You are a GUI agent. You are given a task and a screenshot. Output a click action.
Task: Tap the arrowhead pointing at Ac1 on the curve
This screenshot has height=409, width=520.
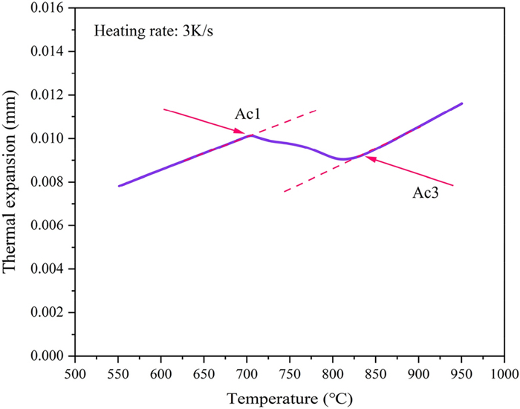[243, 133]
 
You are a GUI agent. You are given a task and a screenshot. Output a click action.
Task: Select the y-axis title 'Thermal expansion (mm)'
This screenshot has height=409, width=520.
[13, 181]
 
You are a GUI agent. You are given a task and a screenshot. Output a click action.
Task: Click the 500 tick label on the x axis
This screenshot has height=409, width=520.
[74, 371]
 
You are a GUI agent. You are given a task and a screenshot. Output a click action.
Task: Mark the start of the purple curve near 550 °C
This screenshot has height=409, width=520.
[118, 186]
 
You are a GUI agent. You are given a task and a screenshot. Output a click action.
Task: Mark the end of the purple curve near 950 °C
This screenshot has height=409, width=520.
[461, 103]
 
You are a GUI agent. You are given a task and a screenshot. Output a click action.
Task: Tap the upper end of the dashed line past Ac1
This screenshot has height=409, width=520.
[317, 109]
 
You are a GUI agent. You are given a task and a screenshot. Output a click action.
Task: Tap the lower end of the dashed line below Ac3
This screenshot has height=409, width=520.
[284, 192]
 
